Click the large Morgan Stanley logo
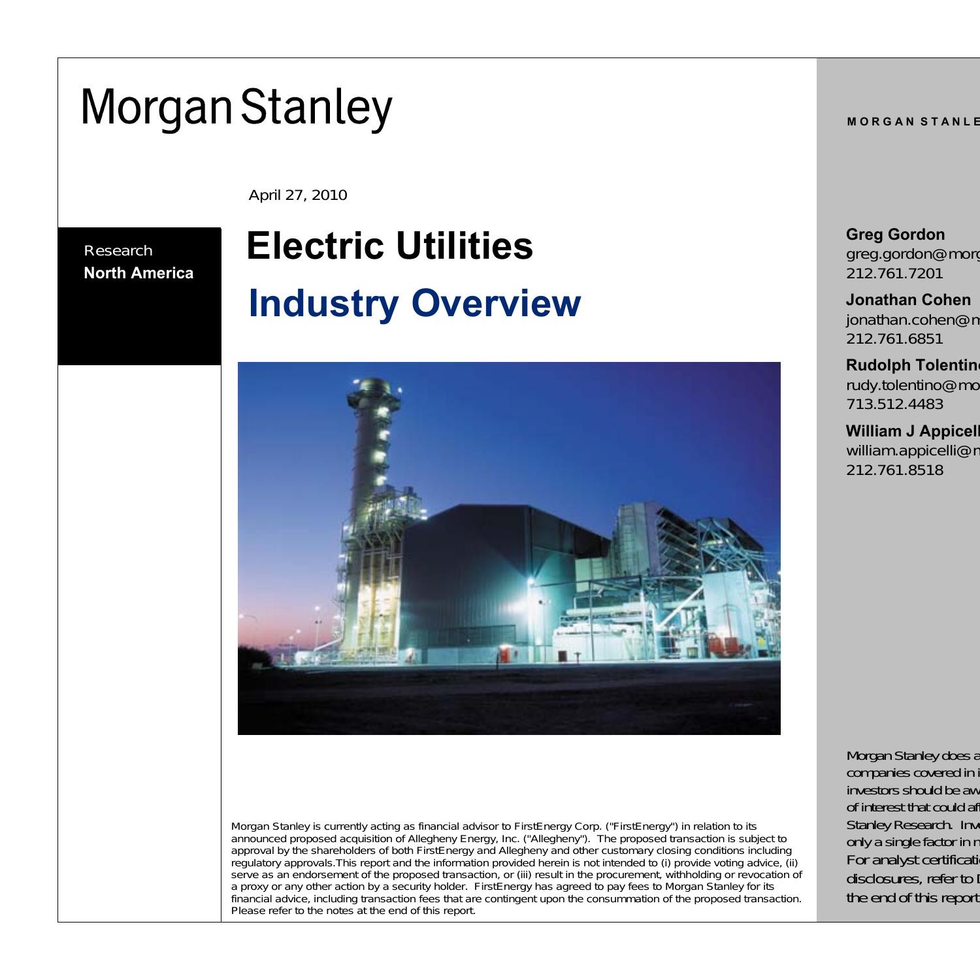(237, 107)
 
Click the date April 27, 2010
(298, 195)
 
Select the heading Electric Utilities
(389, 246)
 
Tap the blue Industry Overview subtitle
(414, 303)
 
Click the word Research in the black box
(118, 251)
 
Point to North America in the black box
(139, 273)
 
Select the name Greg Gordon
(895, 235)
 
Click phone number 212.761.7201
(894, 273)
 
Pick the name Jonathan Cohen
(908, 300)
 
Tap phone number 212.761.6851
(894, 338)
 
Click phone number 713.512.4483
(894, 404)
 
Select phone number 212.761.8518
(894, 470)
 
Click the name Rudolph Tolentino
(913, 365)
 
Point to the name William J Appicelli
(913, 431)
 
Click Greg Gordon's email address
(913, 254)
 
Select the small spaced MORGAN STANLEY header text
(913, 122)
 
